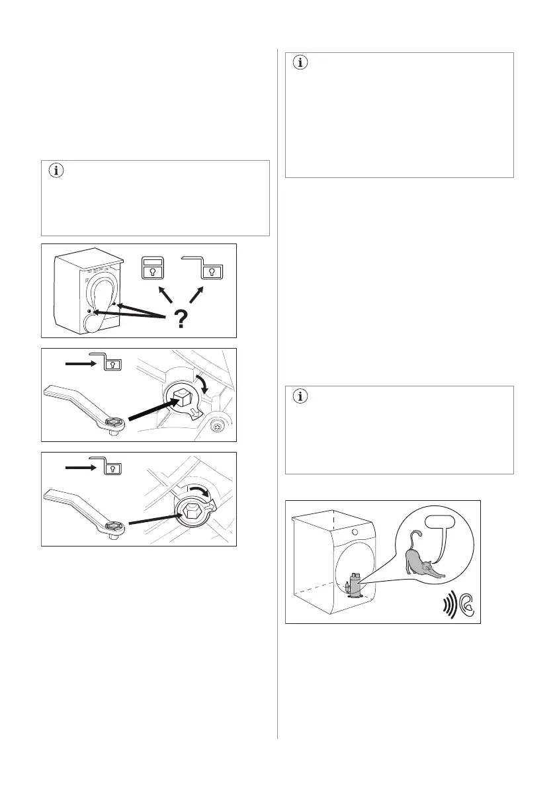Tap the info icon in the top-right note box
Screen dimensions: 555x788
[x=301, y=64]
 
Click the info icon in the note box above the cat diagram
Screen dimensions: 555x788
[x=301, y=397]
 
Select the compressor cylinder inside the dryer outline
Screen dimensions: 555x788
[x=355, y=584]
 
